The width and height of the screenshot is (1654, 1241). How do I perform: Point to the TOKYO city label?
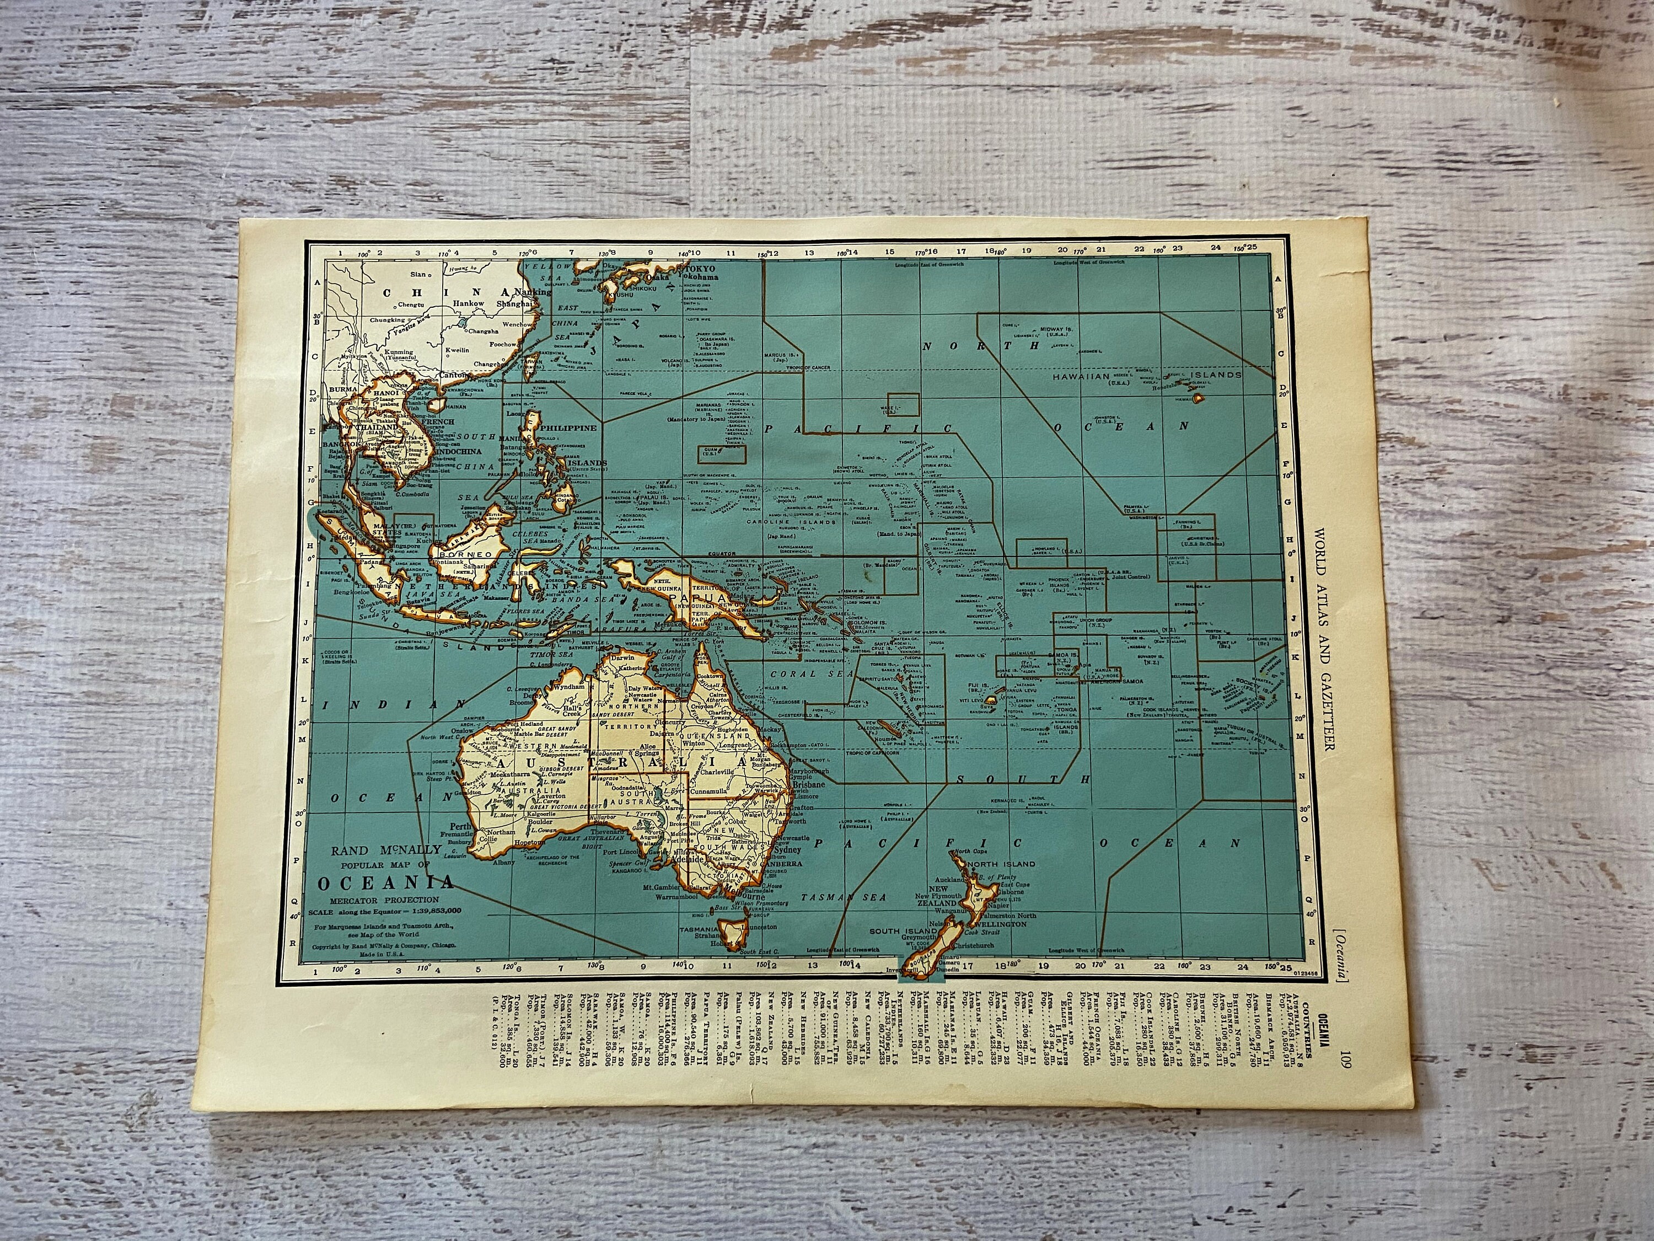pos(701,268)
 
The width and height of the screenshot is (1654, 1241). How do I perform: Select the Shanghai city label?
pos(513,304)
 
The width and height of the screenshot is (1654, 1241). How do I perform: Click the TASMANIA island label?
pos(699,929)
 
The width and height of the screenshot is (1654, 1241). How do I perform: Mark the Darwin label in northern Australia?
pos(624,657)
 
